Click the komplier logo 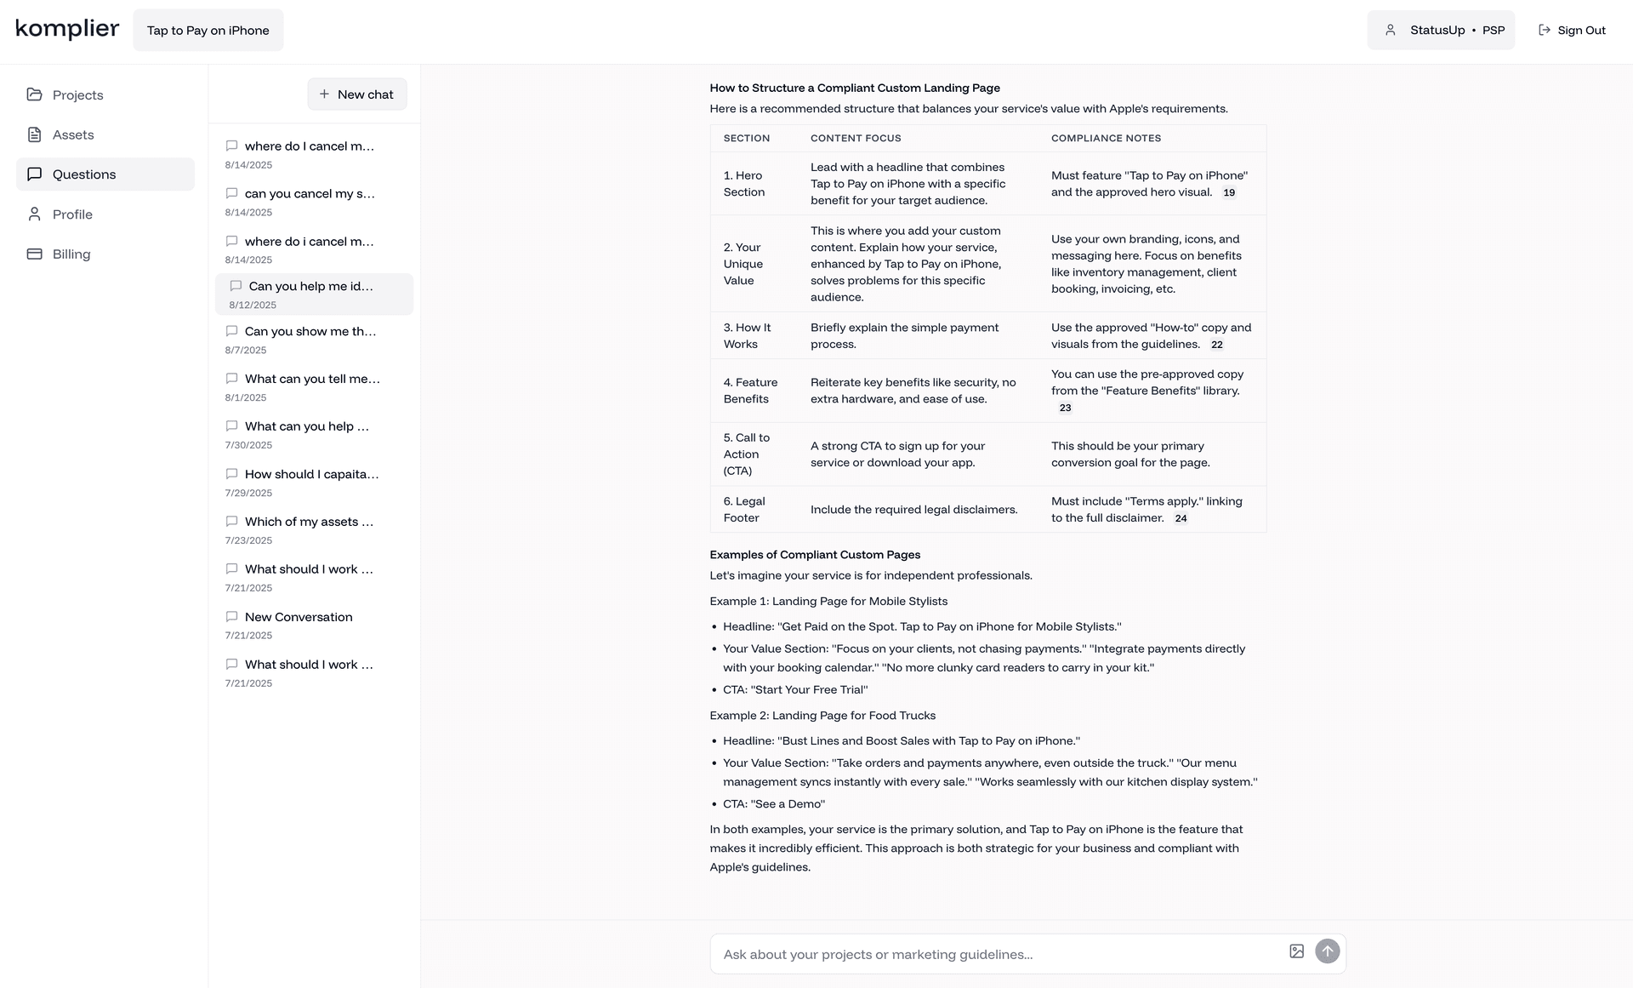click(x=67, y=29)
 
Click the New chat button click(x=356, y=94)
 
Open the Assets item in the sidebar click(x=73, y=134)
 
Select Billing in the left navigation click(x=71, y=254)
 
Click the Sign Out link click(x=1572, y=30)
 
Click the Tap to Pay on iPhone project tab click(x=208, y=30)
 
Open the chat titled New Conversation click(x=298, y=617)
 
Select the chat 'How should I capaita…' click(x=311, y=474)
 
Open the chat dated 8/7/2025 click(x=310, y=332)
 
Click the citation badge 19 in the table click(x=1229, y=192)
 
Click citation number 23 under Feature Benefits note click(x=1065, y=408)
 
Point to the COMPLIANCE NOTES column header click(x=1106, y=138)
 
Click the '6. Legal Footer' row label click(x=744, y=509)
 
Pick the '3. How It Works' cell click(x=747, y=335)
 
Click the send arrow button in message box click(x=1327, y=951)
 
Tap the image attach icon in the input click(x=1296, y=951)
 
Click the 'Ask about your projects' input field click(x=995, y=954)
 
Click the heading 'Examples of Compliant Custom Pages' click(x=815, y=555)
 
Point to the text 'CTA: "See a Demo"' click(x=774, y=804)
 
